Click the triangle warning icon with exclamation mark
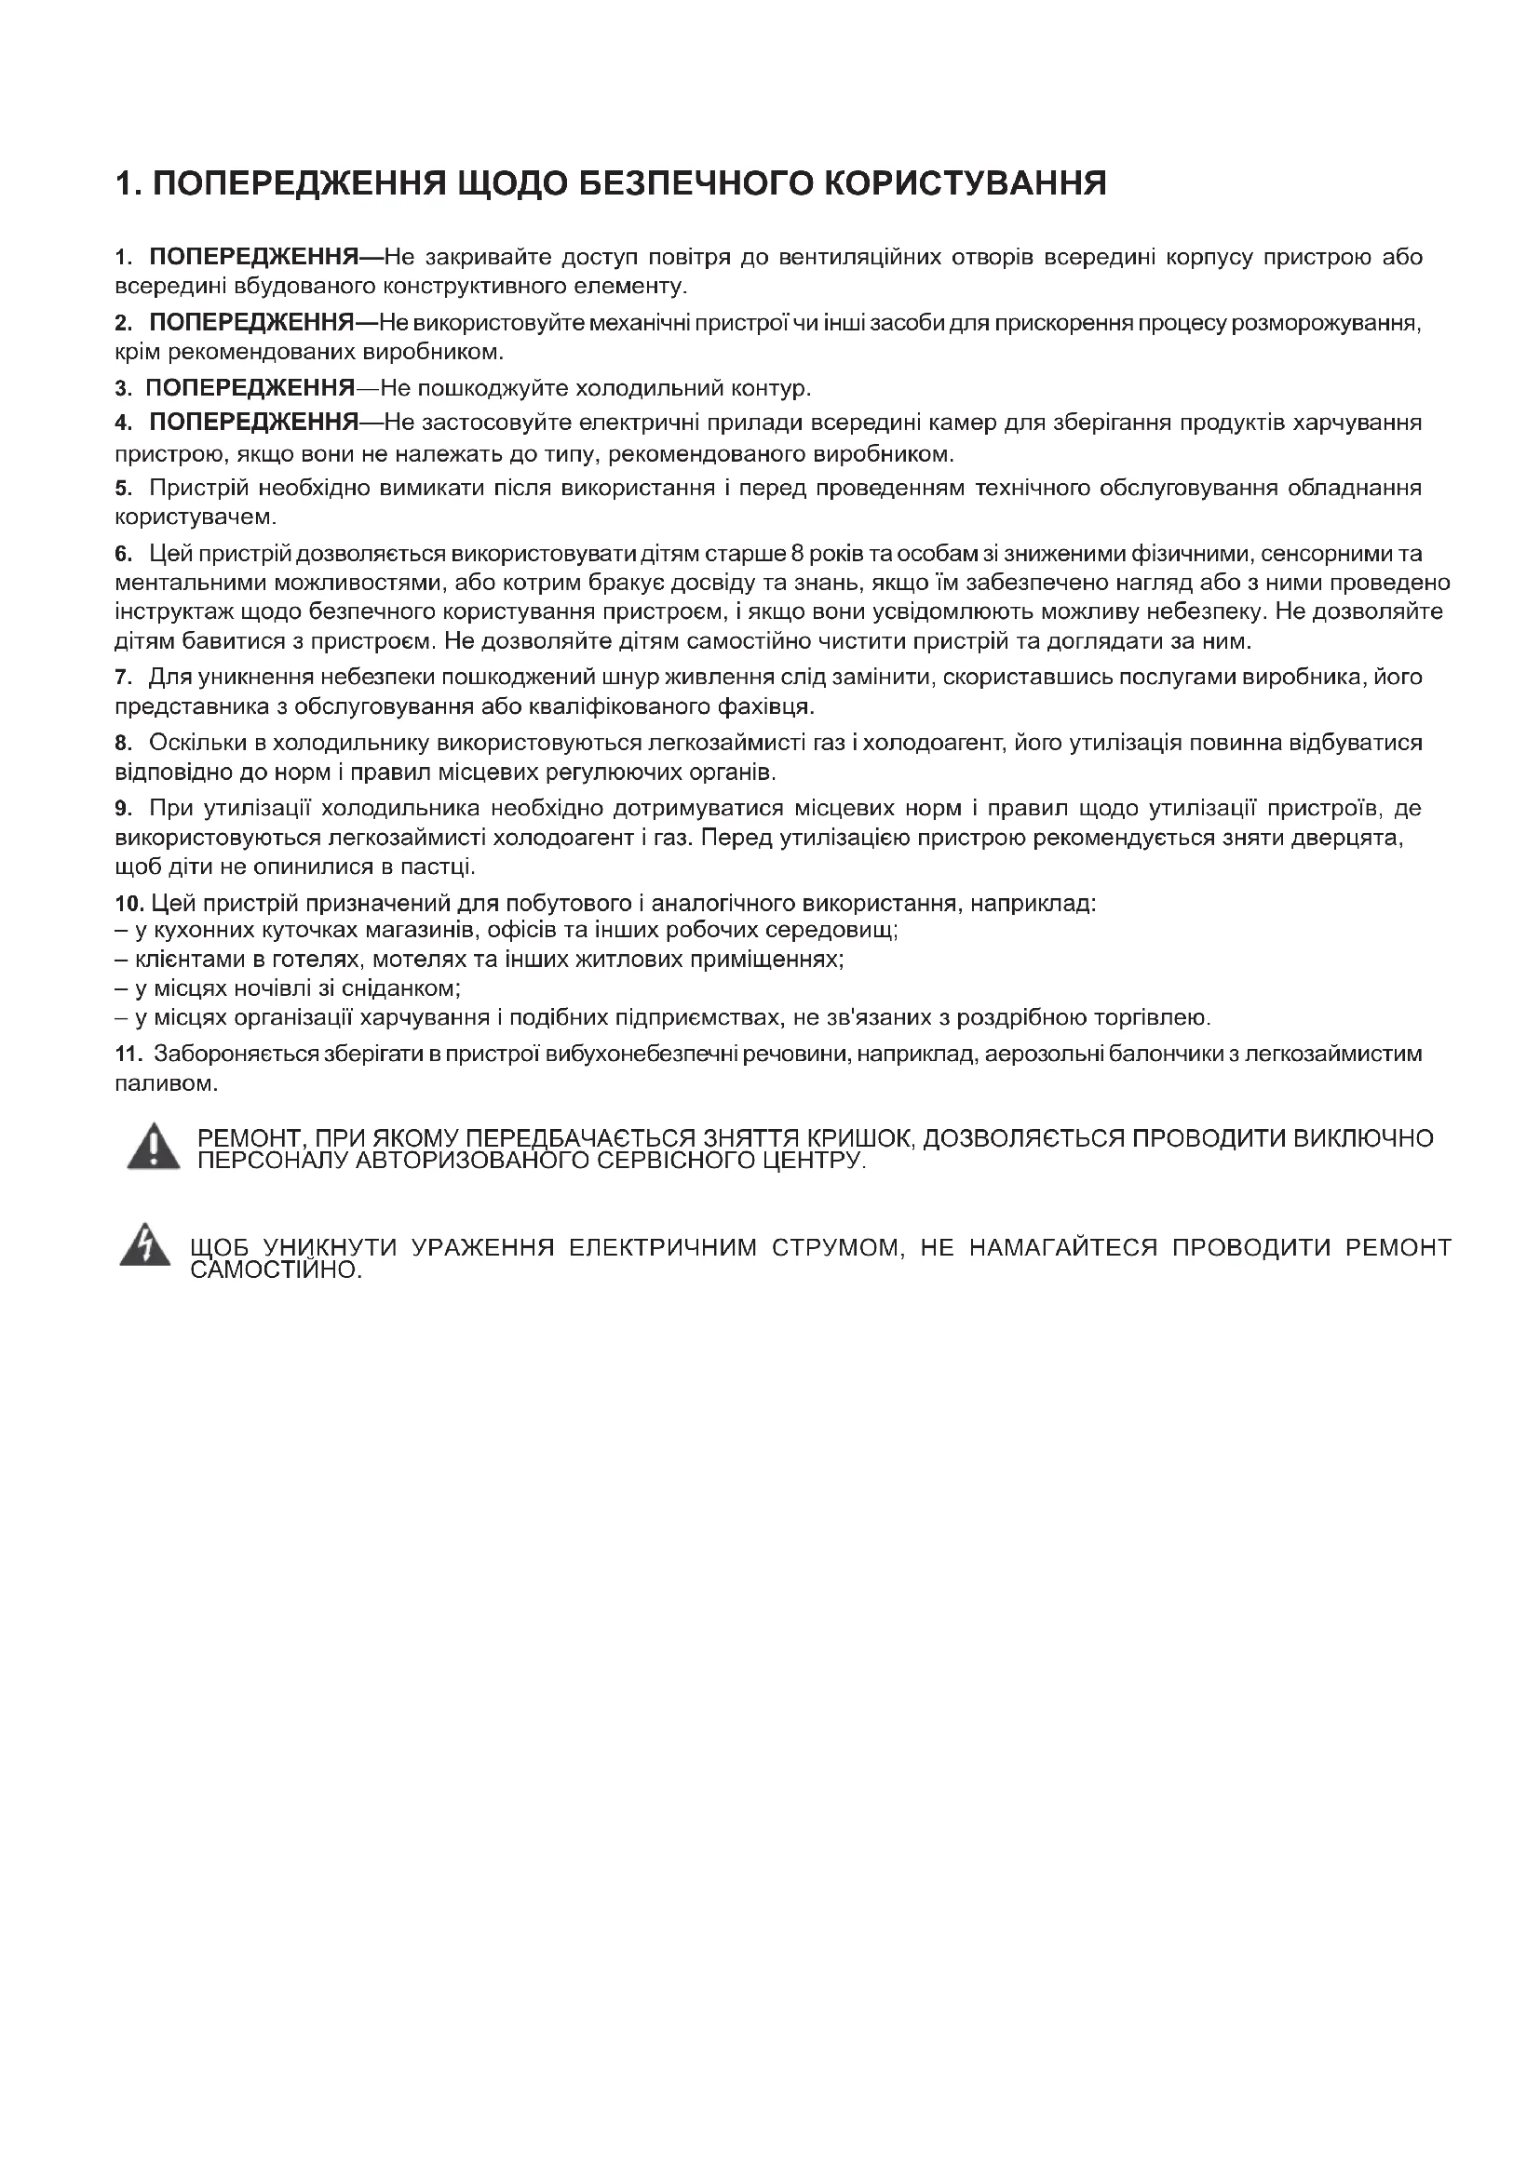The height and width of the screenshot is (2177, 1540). pyautogui.click(x=153, y=1148)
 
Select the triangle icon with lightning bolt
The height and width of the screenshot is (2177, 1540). pyautogui.click(x=145, y=1247)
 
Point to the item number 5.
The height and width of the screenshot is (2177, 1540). pyautogui.click(x=121, y=489)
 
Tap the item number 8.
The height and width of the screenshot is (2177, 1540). pyautogui.click(x=121, y=743)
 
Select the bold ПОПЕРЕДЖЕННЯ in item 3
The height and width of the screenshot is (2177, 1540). pyautogui.click(x=250, y=388)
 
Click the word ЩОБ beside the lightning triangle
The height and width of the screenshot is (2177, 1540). pyautogui.click(x=219, y=1248)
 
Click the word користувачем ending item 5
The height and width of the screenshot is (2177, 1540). pyautogui.click(x=196, y=517)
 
